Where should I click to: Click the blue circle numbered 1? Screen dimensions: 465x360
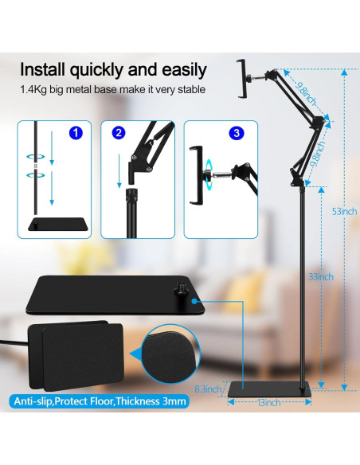click(x=76, y=133)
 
